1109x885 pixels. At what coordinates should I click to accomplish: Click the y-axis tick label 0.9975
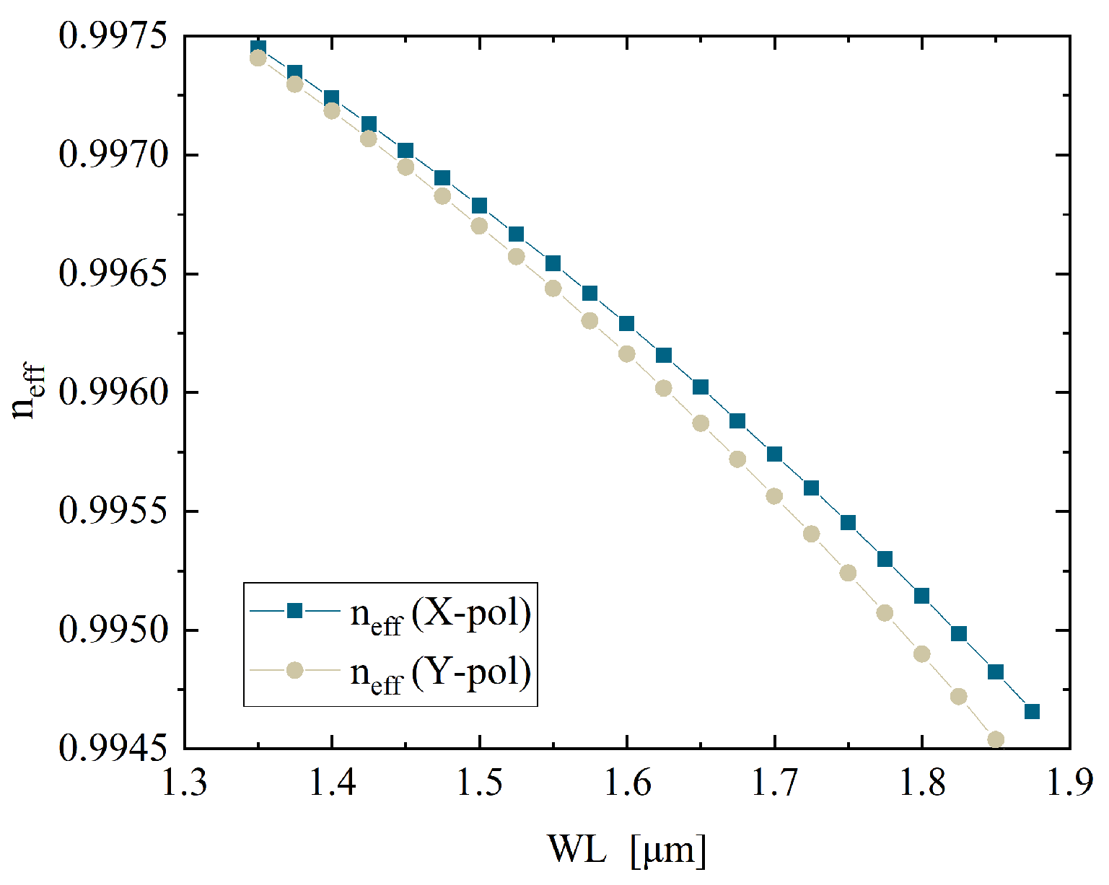(112, 36)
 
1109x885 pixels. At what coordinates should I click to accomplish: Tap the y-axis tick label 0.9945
(112, 749)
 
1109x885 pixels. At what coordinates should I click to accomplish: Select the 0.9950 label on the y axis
(112, 630)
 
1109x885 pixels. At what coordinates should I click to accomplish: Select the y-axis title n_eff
(29, 392)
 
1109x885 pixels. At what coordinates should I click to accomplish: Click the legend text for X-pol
(441, 615)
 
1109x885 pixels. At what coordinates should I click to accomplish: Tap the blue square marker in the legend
(294, 611)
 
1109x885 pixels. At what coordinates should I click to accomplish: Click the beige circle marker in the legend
(294, 671)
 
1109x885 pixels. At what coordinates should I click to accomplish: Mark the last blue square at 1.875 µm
(1032, 712)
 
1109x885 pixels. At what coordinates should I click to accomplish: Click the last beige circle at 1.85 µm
(996, 739)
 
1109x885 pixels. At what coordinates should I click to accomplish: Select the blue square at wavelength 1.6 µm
(626, 323)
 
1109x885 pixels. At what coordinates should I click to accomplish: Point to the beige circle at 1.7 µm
(774, 496)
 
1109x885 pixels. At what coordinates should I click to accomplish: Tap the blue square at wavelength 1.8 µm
(921, 596)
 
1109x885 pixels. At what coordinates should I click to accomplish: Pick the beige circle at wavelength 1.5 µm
(479, 226)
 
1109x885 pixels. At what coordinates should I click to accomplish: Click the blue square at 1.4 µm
(331, 98)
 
